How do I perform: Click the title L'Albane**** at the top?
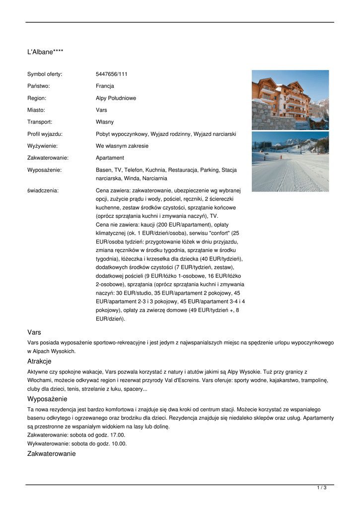pyautogui.click(x=45, y=52)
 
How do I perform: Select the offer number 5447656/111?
pyautogui.click(x=112, y=74)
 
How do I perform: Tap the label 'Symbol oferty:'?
pyautogui.click(x=45, y=74)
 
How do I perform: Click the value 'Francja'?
pyautogui.click(x=105, y=86)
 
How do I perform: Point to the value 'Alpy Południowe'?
pyautogui.click(x=116, y=98)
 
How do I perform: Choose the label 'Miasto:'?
pyautogui.click(x=36, y=110)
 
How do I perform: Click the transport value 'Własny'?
pyautogui.click(x=105, y=122)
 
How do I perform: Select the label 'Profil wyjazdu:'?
pyautogui.click(x=45, y=134)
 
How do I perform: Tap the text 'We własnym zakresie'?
pyautogui.click(x=122, y=146)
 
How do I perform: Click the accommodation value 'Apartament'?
pyautogui.click(x=110, y=158)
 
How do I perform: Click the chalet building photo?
pyautogui.click(x=290, y=100)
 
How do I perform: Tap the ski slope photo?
pyautogui.click(x=290, y=161)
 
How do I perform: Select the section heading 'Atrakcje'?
pyautogui.click(x=39, y=361)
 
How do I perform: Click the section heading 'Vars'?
pyautogui.click(x=34, y=332)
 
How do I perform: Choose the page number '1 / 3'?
pyautogui.click(x=321, y=488)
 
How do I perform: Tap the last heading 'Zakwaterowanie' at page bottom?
pyautogui.click(x=51, y=453)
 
